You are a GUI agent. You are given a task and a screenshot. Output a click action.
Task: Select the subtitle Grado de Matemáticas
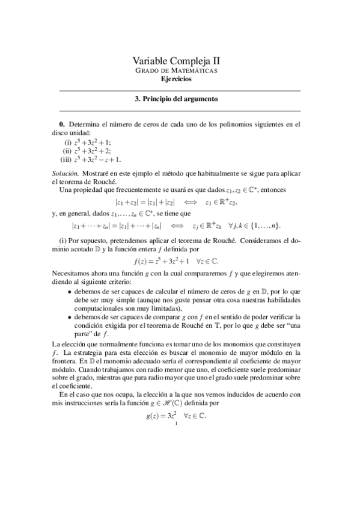point(180,70)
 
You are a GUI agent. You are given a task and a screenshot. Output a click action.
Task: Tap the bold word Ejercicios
point(180,78)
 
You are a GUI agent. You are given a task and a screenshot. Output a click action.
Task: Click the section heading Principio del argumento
point(180,99)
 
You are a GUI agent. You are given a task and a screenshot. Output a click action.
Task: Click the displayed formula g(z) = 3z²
point(180,415)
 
